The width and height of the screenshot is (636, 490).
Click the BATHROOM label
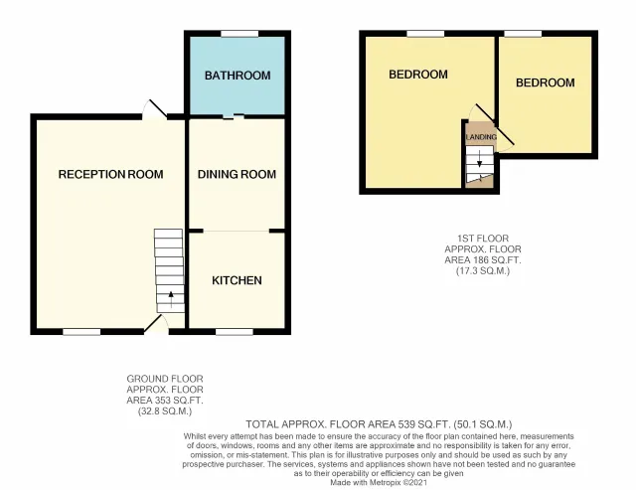coord(238,76)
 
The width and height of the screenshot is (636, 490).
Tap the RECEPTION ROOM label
coord(110,175)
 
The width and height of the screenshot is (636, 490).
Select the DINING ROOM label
coord(237,175)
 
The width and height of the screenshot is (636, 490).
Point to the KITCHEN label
coord(237,280)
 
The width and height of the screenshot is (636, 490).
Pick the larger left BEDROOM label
coord(417,75)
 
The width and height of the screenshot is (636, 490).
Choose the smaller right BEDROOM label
coord(545,82)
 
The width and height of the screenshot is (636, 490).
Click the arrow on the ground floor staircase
coord(170,294)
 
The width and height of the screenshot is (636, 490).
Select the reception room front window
coord(82,331)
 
